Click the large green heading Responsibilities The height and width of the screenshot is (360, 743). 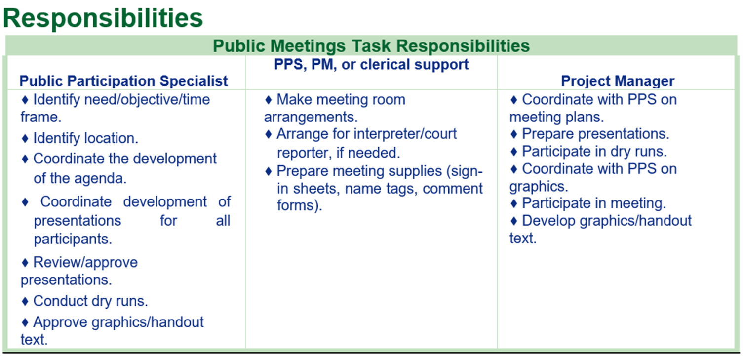[103, 19]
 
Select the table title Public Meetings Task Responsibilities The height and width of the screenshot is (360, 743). [371, 46]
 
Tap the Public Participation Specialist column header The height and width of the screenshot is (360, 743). [123, 81]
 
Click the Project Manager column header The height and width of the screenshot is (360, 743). [618, 81]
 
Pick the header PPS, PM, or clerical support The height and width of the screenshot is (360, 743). [371, 64]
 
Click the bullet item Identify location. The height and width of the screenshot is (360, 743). [79, 138]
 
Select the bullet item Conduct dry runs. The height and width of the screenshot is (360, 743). [84, 301]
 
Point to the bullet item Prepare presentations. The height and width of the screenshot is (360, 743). [589, 134]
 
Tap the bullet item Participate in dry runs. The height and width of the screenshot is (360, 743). [588, 151]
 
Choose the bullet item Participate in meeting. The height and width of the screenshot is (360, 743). [588, 203]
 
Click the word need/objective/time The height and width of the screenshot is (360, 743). [147, 100]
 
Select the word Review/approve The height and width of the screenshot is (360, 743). [85, 262]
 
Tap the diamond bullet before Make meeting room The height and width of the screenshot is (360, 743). [269, 100]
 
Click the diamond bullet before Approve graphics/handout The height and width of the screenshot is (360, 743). [25, 322]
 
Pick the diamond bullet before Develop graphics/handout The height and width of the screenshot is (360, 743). [514, 221]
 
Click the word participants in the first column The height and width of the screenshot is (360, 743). [73, 240]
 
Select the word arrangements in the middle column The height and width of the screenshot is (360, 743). [311, 118]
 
